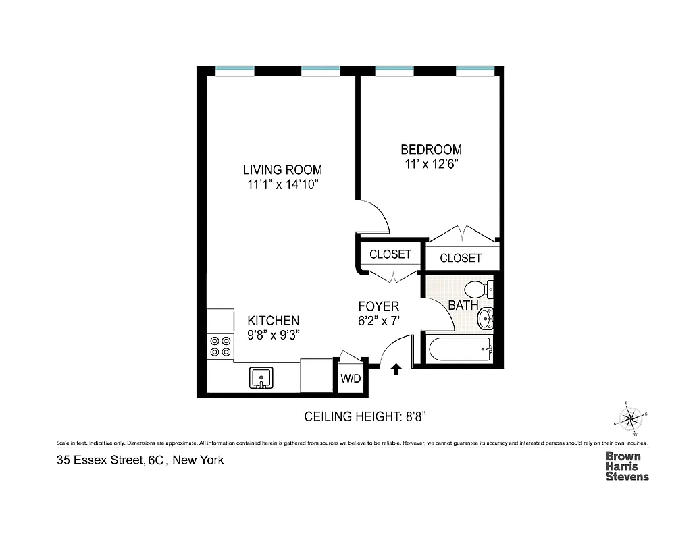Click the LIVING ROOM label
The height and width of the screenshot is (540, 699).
click(x=282, y=170)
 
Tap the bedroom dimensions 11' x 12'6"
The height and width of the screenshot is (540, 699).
click(x=431, y=163)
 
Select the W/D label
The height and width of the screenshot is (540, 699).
click(x=351, y=379)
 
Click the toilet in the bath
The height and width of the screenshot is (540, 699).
click(x=480, y=290)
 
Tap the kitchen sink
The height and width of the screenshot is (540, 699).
click(x=261, y=377)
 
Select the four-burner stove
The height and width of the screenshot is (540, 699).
click(x=219, y=346)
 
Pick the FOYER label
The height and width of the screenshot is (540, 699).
click(x=378, y=306)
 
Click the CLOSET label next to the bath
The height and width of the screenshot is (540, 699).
click(x=461, y=258)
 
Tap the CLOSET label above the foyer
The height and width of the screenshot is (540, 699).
click(x=390, y=254)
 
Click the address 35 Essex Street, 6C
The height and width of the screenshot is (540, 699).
click(x=115, y=461)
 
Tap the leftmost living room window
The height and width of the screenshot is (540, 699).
click(x=235, y=70)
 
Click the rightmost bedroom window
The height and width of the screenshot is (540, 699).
click(x=475, y=70)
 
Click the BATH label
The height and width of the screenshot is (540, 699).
click(x=463, y=305)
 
